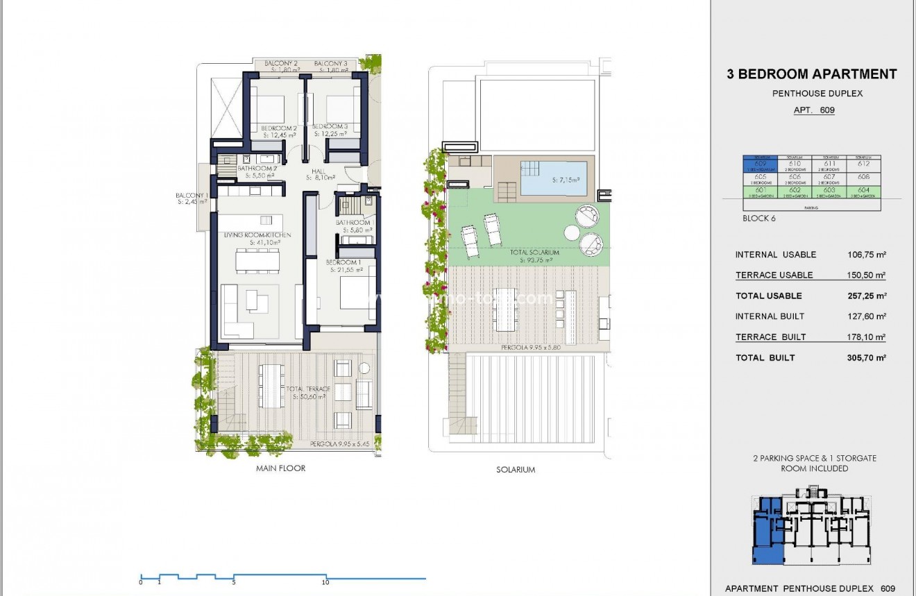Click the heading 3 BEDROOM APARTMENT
811,74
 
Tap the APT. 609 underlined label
814,110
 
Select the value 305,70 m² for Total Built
862,358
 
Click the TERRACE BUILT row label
770,337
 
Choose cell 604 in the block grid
863,191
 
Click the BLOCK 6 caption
760,219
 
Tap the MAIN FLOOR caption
280,468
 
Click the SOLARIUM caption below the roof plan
516,470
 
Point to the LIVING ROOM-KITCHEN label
257,235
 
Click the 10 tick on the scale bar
325,583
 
